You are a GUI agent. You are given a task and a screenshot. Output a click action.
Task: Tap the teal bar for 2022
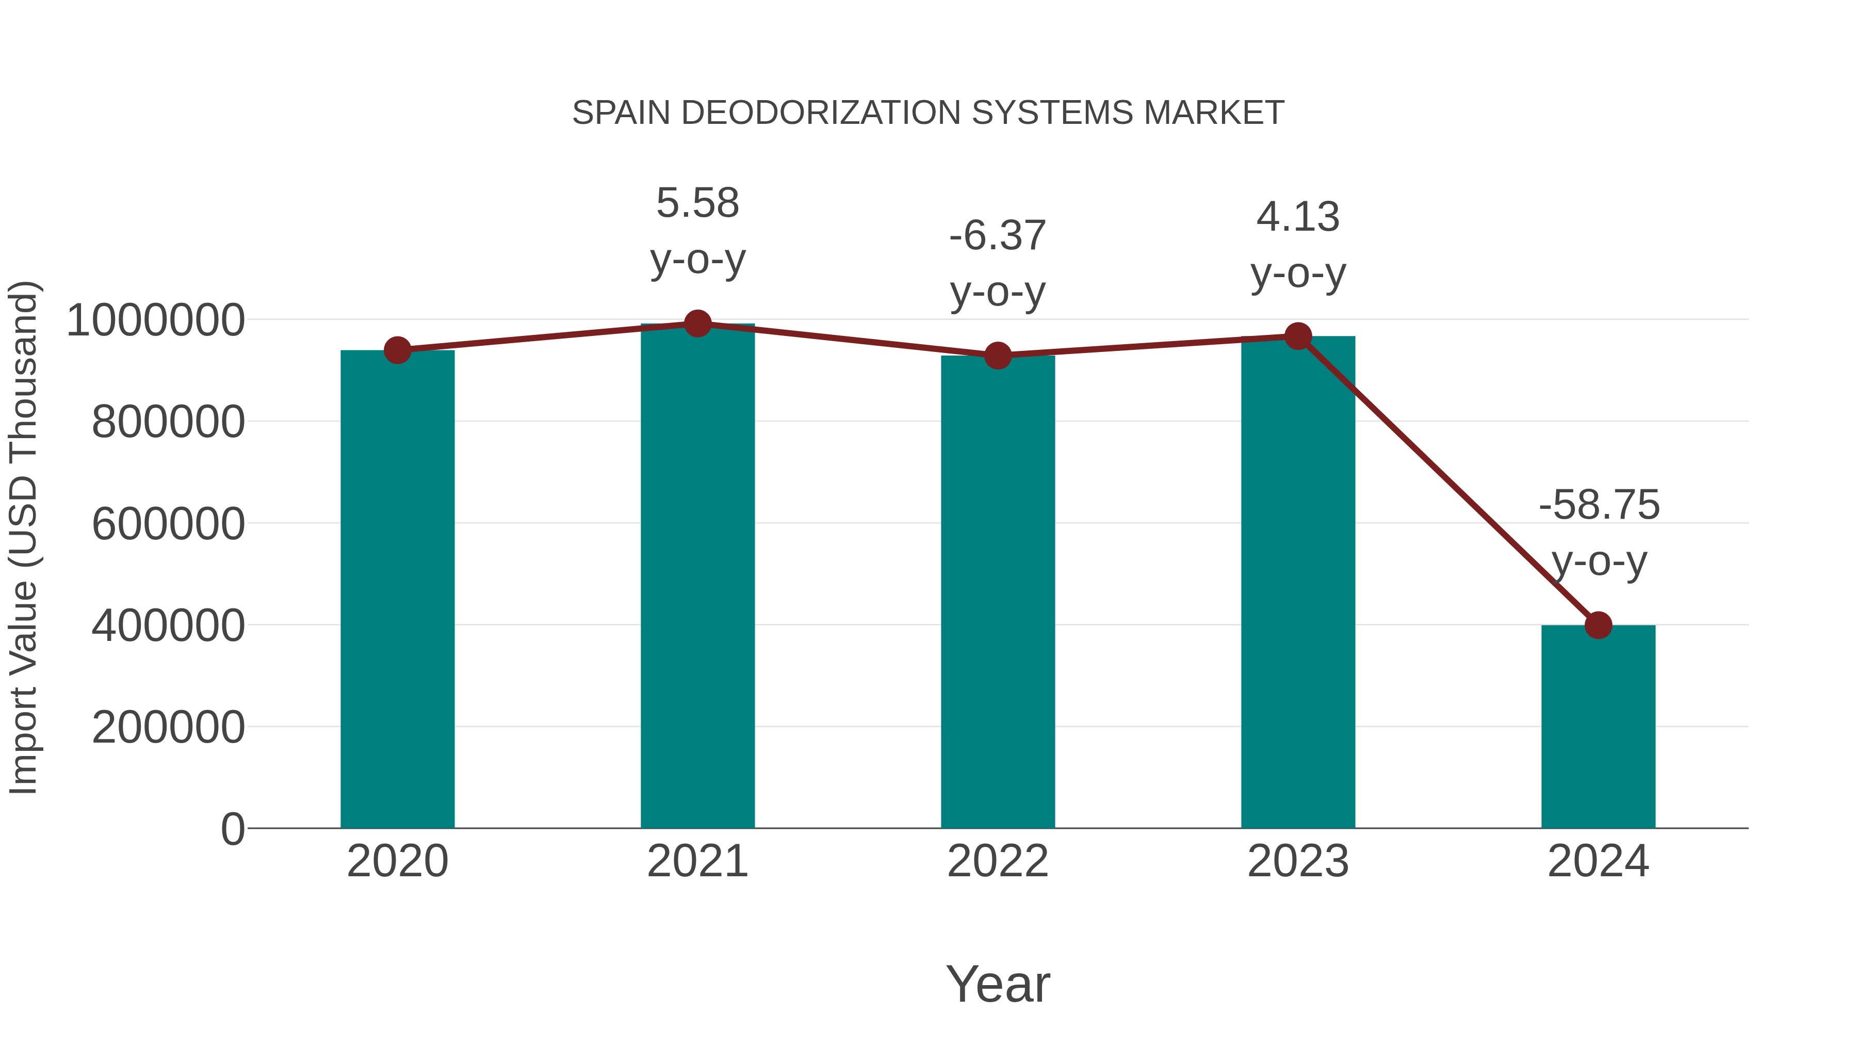coord(998,591)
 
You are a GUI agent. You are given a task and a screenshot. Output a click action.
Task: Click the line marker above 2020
coord(397,350)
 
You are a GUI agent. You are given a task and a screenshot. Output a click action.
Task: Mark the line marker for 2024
coord(1598,625)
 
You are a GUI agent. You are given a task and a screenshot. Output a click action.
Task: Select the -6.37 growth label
coord(998,236)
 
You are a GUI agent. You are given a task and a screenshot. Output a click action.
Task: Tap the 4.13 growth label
coord(1298,217)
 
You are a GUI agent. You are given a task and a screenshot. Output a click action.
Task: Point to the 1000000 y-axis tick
coord(155,320)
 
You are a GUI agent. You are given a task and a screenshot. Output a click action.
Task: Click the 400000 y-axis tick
coord(168,625)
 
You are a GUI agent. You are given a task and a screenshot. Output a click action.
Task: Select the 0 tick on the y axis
coord(232,829)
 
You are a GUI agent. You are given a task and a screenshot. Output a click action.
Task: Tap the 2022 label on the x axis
coord(998,861)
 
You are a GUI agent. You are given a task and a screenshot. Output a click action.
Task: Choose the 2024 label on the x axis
coord(1598,861)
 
